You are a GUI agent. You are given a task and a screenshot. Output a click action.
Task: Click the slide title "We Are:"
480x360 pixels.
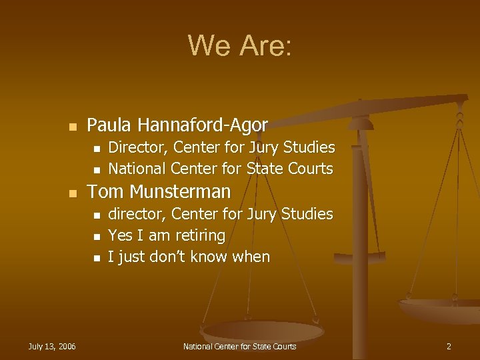coord(239,46)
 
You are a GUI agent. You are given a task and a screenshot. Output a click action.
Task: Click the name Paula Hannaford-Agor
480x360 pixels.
coord(177,125)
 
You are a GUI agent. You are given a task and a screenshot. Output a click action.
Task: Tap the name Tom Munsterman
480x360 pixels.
coord(159,192)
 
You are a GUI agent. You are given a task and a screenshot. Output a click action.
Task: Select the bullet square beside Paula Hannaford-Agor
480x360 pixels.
coord(73,126)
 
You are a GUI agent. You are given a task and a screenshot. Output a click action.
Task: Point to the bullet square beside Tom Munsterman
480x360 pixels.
coord(73,193)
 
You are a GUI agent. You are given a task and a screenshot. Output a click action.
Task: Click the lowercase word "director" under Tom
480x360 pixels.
coord(137,214)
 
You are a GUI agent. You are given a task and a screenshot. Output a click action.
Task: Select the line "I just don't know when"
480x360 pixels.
coord(189,257)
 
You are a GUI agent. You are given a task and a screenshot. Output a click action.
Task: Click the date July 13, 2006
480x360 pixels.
coord(52,346)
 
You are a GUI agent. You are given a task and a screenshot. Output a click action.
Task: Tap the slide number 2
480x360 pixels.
coord(449,346)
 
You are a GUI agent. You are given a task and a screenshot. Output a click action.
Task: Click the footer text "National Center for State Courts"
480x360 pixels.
coord(239,346)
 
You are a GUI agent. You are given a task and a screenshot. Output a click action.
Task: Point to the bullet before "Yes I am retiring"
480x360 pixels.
coord(97,237)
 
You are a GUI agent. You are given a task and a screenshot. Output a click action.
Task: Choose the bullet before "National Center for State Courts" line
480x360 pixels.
coord(97,169)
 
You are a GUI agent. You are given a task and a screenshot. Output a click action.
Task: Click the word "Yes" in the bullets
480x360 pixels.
coord(120,235)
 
